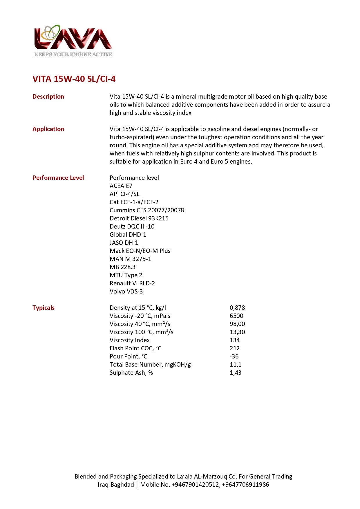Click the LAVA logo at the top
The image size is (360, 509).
pos(73,38)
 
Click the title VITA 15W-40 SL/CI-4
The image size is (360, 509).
pos(74,79)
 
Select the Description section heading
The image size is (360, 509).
pos(48,97)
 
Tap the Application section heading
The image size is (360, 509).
pos(48,129)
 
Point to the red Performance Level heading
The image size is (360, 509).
pos(58,178)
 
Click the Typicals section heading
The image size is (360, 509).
pos(44,308)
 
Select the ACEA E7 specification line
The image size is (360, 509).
pos(121,186)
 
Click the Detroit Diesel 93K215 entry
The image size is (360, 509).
pos(139,218)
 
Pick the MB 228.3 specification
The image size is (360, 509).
pos(122,267)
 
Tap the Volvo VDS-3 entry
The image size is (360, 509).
pos(126,291)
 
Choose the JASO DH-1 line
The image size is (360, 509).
pos(124,243)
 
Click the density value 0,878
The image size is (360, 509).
pos(237,308)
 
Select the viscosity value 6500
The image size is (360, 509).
pos(236,316)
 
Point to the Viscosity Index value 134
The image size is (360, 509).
pos(235,340)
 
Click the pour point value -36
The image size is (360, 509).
pos(234,356)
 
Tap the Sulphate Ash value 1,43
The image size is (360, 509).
pos(236,373)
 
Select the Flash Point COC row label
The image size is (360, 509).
pos(135,348)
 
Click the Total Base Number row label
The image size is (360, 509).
pos(150,365)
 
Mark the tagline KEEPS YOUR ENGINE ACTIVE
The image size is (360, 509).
pos(73,55)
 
